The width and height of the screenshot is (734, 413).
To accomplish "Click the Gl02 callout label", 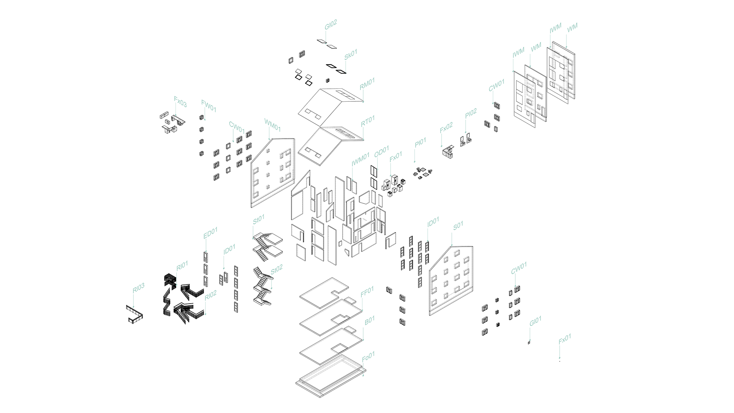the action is (331, 24).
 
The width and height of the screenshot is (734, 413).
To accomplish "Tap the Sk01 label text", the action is (351, 54).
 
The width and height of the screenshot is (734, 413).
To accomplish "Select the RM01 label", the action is (367, 84).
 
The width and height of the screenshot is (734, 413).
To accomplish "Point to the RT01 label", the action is (368, 121).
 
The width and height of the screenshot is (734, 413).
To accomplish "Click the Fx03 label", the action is (180, 102).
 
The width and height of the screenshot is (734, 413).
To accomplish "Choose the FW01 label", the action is (209, 106).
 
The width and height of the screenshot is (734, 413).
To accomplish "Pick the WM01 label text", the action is (273, 124).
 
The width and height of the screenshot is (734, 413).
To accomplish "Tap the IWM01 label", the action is (361, 159).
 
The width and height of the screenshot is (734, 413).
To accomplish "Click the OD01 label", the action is (382, 151).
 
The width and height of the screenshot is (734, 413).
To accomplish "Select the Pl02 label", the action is (471, 114).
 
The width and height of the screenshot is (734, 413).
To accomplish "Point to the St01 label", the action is (258, 220).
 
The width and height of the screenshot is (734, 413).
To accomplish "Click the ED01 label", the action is (210, 233).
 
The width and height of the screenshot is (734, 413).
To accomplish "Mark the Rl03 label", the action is (138, 288).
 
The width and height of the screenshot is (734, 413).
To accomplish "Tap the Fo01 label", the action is (368, 357).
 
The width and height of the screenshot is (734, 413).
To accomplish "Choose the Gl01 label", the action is (535, 321).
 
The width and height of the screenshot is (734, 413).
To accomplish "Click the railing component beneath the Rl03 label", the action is (134, 314).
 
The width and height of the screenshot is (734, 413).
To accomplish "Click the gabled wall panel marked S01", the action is (451, 281).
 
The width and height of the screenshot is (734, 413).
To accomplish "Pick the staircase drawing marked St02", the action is (261, 287).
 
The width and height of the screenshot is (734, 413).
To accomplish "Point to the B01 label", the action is (369, 320).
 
